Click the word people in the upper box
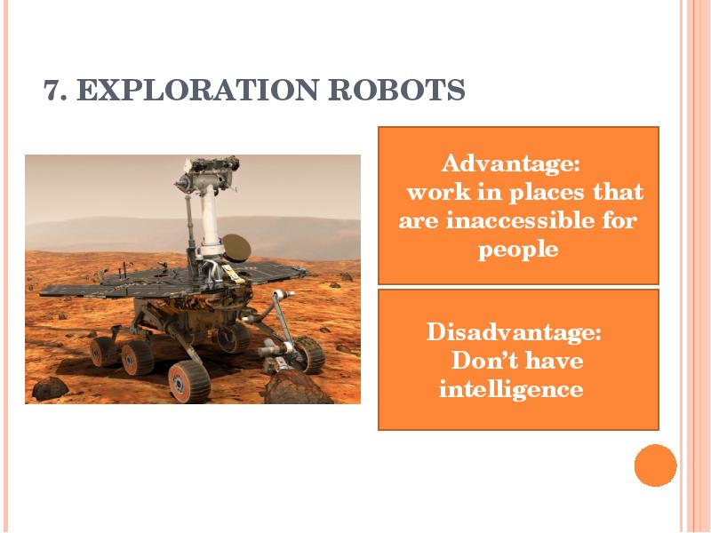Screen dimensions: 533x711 [518, 250]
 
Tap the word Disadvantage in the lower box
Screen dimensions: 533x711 [514, 333]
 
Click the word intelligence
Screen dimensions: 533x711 [511, 389]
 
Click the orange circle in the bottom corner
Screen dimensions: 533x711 [656, 465]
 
